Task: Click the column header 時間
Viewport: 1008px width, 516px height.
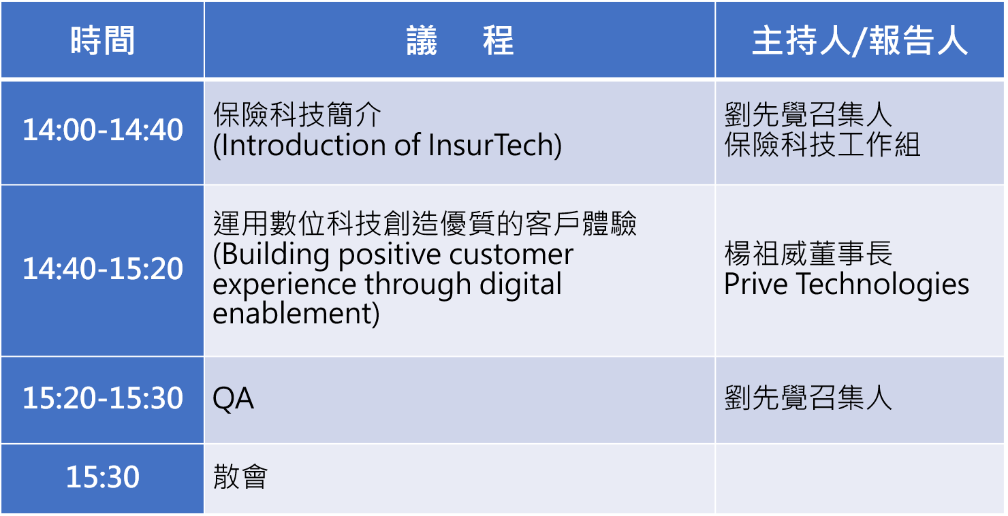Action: click(x=103, y=40)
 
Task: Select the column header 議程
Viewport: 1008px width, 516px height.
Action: click(x=460, y=40)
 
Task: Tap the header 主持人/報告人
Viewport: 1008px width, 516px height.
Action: click(x=860, y=40)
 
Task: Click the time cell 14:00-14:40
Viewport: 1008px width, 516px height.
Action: click(x=103, y=130)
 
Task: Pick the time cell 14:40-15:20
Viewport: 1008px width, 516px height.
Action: click(x=103, y=269)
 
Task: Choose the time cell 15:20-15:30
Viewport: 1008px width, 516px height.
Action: click(x=103, y=398)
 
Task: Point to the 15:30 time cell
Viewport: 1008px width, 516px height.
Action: click(x=103, y=477)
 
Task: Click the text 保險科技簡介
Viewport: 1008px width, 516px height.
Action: click(x=297, y=114)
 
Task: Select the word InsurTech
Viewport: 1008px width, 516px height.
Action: click(x=492, y=145)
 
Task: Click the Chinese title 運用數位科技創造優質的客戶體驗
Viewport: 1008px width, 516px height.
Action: click(x=424, y=223)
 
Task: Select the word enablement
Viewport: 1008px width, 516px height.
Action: click(x=292, y=314)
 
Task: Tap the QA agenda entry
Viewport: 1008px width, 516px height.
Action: click(x=233, y=399)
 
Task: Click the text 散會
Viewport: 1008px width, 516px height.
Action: click(x=240, y=477)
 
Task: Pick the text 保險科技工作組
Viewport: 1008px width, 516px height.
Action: click(x=822, y=144)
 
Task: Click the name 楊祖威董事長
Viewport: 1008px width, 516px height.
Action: click(x=808, y=254)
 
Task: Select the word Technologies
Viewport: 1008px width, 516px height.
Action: click(x=883, y=285)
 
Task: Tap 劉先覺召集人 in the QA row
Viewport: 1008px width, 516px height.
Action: click(x=808, y=398)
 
